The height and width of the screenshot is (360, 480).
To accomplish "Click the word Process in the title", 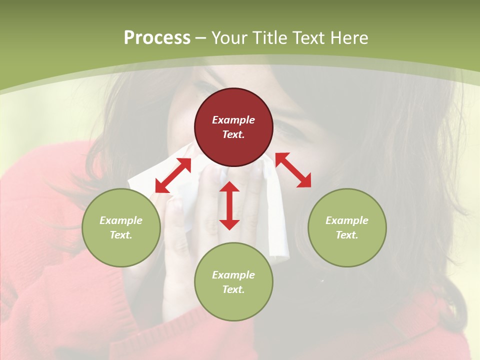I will click(157, 38).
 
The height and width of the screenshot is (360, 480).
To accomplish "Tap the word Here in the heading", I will click(349, 38).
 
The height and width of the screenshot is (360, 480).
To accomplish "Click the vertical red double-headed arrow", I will click(229, 205).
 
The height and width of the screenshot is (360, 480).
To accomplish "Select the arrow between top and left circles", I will click(173, 175).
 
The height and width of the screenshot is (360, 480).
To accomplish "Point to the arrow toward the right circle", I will click(293, 170).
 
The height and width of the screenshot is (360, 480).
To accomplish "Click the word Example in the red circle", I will click(233, 120).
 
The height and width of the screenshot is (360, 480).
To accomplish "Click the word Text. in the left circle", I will click(121, 235).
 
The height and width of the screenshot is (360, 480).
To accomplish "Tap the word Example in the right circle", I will click(347, 220).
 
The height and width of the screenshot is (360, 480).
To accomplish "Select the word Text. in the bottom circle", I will click(233, 289).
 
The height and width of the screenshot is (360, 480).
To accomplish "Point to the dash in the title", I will click(201, 38).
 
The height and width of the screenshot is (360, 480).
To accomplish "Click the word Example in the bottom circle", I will click(233, 275).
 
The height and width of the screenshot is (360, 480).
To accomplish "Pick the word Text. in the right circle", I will click(347, 235).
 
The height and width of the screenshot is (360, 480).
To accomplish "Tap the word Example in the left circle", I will click(121, 220).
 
